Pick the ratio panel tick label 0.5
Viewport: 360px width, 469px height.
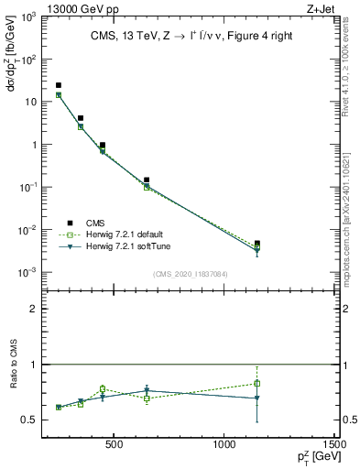coord(28,420)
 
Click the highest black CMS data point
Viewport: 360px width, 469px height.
coord(59,85)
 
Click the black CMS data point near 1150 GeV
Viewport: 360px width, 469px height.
coord(257,244)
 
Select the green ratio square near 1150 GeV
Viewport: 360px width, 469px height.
coord(257,383)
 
